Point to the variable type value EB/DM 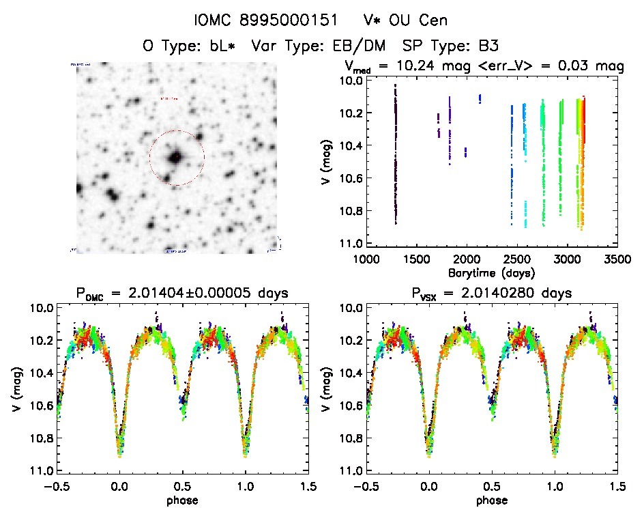[359, 46]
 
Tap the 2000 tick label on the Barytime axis [467, 259]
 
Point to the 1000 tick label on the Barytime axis [366, 259]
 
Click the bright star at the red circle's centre [175, 157]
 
